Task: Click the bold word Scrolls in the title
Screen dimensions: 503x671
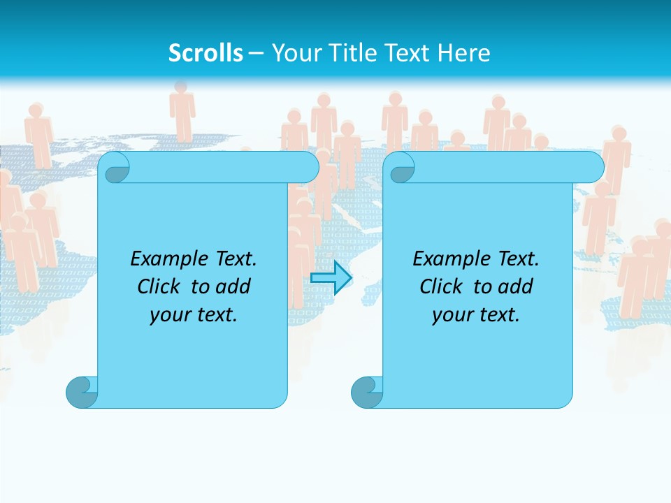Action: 205,53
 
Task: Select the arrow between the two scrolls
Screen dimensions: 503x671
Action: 331,278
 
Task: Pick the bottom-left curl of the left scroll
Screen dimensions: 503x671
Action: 82,392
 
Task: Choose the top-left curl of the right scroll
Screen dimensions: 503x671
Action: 401,168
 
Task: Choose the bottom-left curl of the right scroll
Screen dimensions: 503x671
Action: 367,392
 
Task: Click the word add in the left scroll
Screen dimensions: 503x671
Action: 233,286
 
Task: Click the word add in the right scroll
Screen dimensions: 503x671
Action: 515,286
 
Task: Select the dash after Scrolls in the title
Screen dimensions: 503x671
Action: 256,53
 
